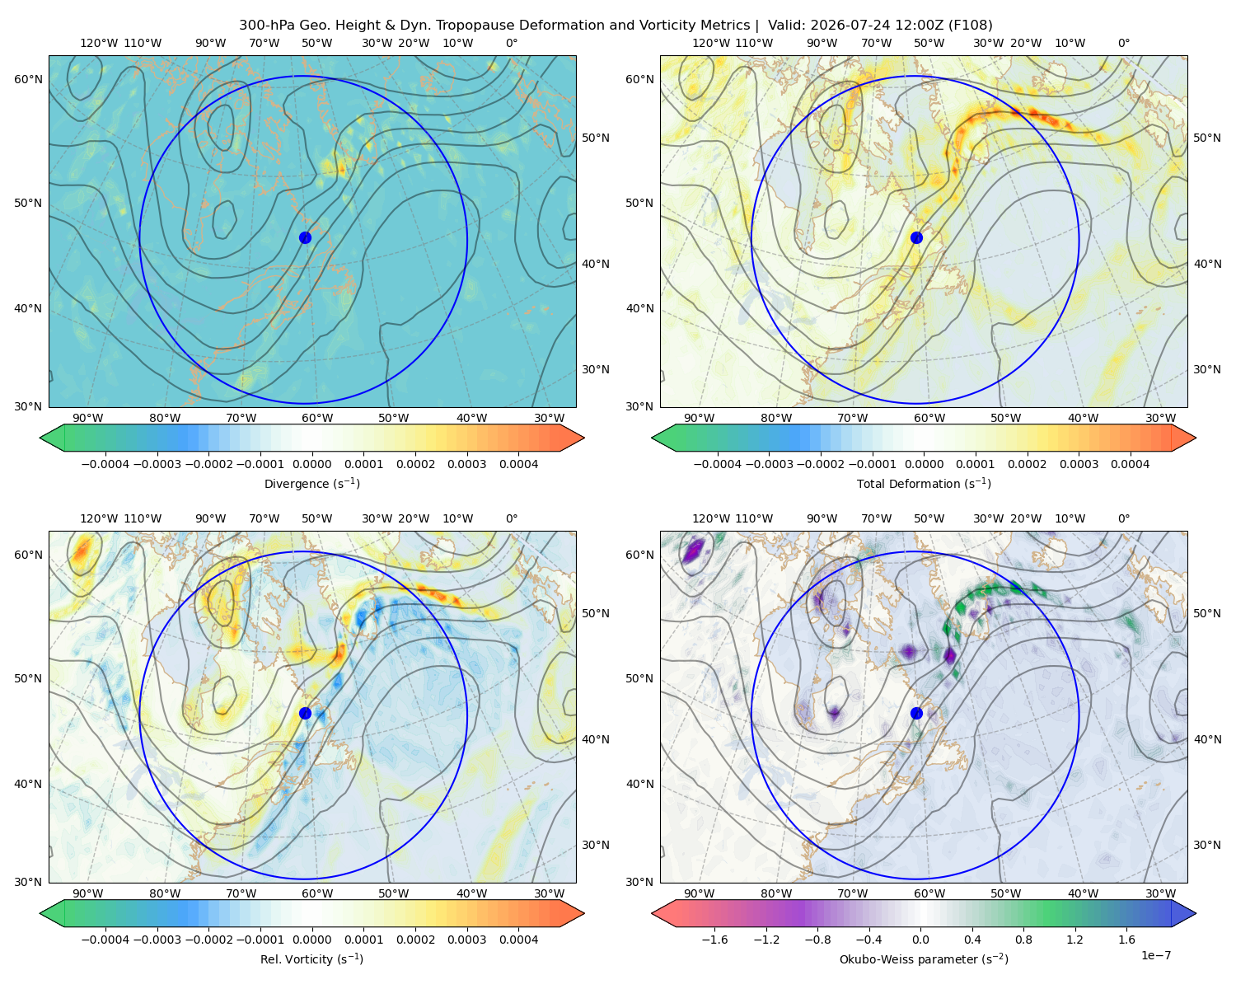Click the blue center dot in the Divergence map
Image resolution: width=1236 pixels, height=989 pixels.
(x=305, y=238)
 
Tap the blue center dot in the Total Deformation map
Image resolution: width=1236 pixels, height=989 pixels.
(x=916, y=238)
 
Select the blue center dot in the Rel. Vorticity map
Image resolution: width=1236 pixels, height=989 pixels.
(x=305, y=713)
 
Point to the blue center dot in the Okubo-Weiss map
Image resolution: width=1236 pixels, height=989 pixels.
(x=916, y=713)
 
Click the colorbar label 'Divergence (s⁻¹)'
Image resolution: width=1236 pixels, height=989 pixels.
(x=311, y=484)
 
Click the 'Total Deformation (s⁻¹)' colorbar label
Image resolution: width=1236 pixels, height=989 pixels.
(x=924, y=484)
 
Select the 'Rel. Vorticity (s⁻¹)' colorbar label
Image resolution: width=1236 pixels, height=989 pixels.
(x=311, y=959)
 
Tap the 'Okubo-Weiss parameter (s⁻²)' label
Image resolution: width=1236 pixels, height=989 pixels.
(x=924, y=959)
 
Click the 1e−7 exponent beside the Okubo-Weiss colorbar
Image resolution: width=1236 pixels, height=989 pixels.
(x=1155, y=955)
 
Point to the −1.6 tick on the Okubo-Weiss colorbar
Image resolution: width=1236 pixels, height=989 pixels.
(x=714, y=940)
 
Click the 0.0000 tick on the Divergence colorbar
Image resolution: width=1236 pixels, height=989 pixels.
(x=311, y=464)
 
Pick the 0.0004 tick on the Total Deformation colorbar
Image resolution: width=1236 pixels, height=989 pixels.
(x=1130, y=464)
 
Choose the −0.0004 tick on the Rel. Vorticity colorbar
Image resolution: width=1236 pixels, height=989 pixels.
(x=105, y=940)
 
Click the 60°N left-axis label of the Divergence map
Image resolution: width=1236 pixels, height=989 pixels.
(x=28, y=79)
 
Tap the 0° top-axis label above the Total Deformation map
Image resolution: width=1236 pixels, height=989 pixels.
(x=1123, y=43)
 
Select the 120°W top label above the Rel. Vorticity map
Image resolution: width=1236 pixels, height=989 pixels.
(x=99, y=518)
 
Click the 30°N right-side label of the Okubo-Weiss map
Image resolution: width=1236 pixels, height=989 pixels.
(x=1206, y=845)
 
